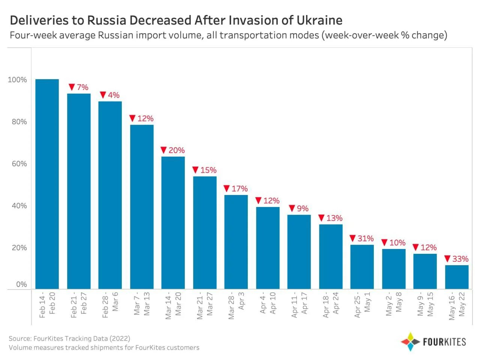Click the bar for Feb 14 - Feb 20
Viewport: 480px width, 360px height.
[47, 184]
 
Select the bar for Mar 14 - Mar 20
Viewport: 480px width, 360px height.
[173, 223]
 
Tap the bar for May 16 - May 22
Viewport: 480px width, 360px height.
[456, 277]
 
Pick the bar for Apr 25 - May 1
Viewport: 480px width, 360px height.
[362, 267]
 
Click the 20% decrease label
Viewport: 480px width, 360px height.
[173, 150]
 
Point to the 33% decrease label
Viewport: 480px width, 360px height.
[456, 259]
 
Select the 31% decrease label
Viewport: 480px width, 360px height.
[362, 238]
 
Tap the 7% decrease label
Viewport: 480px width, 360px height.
[79, 87]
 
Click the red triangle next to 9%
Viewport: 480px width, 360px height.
[292, 208]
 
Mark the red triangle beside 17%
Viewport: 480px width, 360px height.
[226, 189]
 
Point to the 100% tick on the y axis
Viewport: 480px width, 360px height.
[17, 80]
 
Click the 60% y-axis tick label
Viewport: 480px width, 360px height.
[19, 164]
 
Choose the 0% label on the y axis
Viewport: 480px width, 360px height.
[21, 284]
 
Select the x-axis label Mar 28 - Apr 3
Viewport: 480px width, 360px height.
[236, 305]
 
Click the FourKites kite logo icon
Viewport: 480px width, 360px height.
[410, 342]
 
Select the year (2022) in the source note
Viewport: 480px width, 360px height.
[120, 339]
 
